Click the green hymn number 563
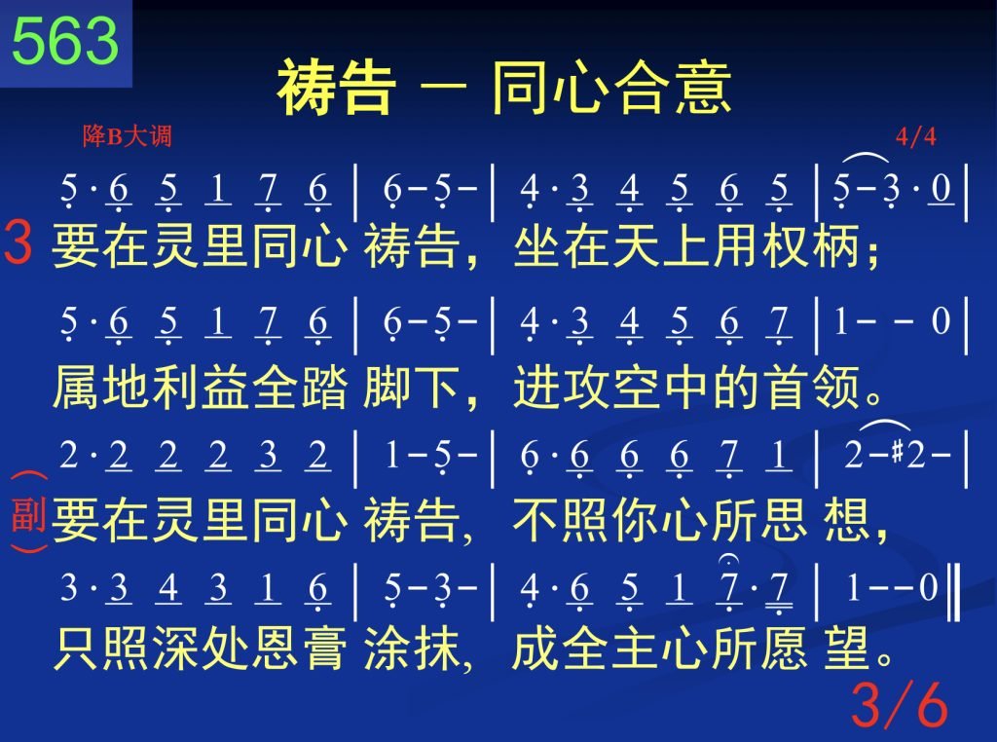pyautogui.click(x=65, y=40)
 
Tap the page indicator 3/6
pyautogui.click(x=899, y=704)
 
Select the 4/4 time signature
pyautogui.click(x=915, y=136)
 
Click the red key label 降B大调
pyautogui.click(x=128, y=135)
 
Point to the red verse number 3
pyautogui.click(x=18, y=242)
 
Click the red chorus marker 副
pyautogui.click(x=28, y=514)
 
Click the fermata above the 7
pyautogui.click(x=727, y=560)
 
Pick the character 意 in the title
pyautogui.click(x=703, y=87)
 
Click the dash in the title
pyautogui.click(x=443, y=86)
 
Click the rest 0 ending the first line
pyautogui.click(x=942, y=188)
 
